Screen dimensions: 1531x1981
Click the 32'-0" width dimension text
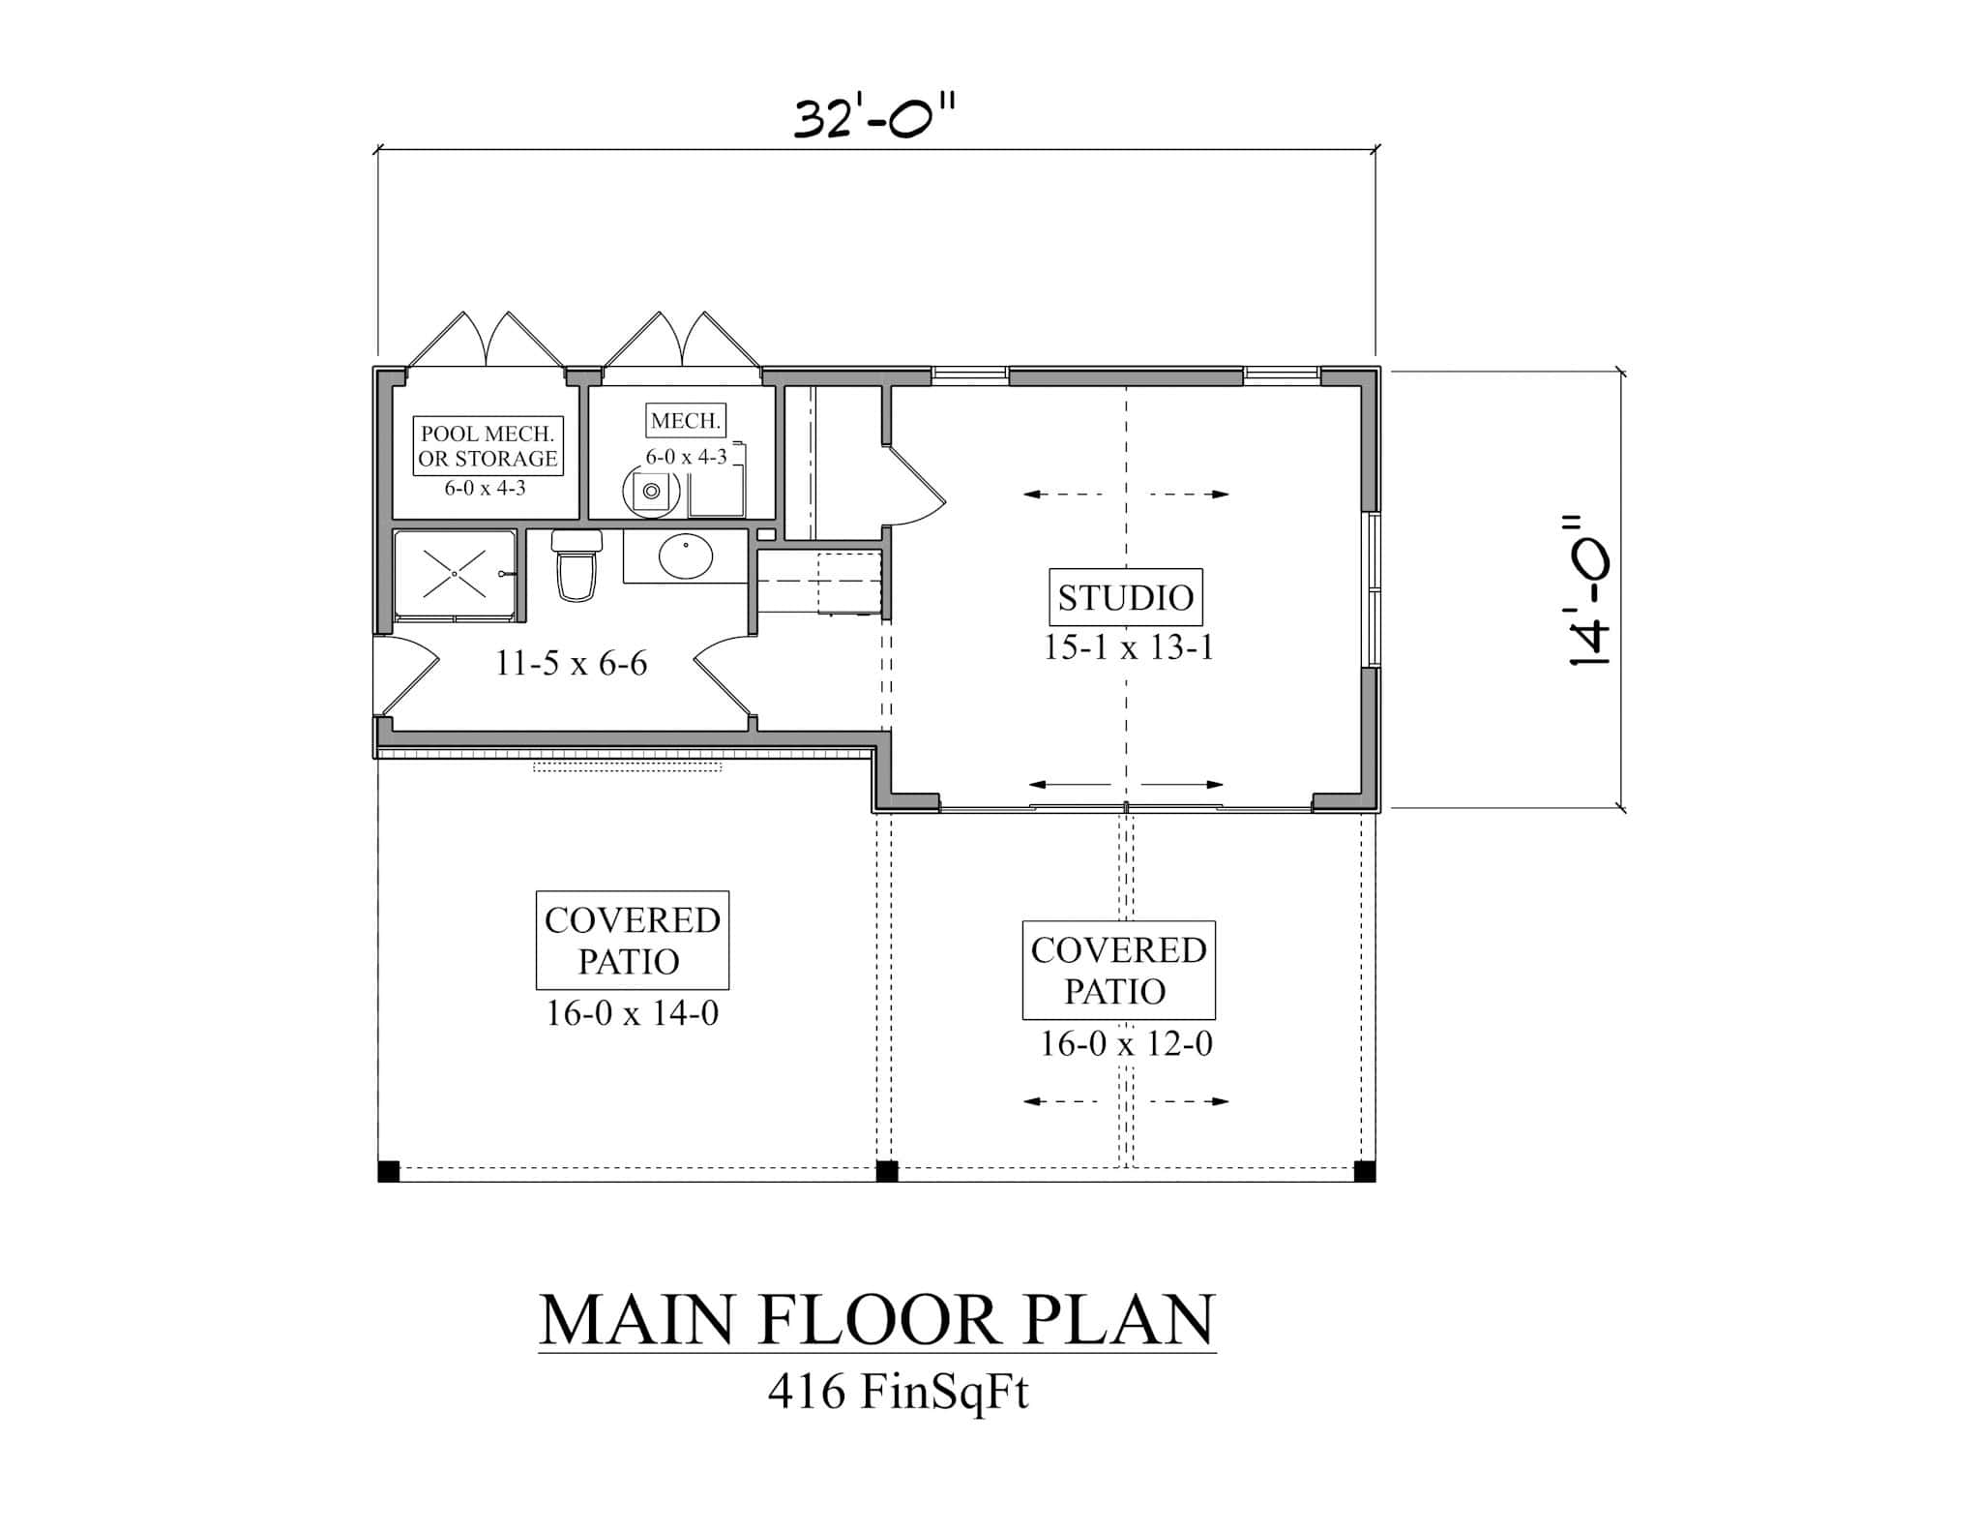coord(874,118)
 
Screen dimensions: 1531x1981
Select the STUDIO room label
coord(1125,597)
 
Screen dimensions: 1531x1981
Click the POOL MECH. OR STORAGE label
coord(488,446)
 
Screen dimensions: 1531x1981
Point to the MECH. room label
coord(686,421)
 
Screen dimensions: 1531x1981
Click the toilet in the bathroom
coord(576,571)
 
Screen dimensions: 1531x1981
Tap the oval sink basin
coord(685,556)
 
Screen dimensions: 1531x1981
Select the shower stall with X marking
coord(454,575)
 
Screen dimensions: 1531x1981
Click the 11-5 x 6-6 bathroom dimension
coord(571,664)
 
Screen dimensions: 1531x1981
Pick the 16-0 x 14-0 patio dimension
coord(632,1013)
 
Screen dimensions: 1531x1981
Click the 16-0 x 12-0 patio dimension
coord(1125,1044)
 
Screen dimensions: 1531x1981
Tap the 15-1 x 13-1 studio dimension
coord(1127,647)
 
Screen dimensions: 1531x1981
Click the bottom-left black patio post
coord(388,1171)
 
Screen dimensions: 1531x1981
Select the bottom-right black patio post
coord(1364,1171)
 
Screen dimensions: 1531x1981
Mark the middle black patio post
coord(886,1171)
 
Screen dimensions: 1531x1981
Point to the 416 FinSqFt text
coord(898,1393)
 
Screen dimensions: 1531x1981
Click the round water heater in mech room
coord(651,492)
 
